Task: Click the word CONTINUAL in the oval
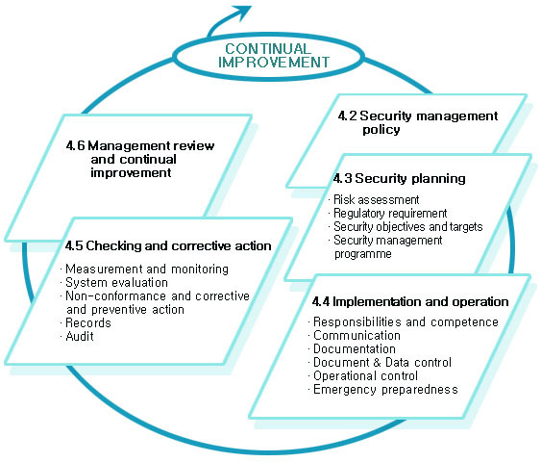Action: click(268, 49)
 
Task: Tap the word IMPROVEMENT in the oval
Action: click(274, 63)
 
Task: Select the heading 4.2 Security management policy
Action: click(418, 122)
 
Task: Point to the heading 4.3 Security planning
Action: click(399, 178)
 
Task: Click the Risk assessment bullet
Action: click(376, 200)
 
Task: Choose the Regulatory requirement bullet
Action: click(390, 214)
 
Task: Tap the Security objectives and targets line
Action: click(407, 227)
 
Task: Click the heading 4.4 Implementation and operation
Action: click(410, 301)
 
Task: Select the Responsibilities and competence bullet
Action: click(406, 322)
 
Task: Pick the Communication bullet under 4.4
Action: click(357, 336)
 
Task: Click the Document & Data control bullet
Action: click(382, 363)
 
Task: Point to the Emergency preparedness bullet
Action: click(385, 390)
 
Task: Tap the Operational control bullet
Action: click(365, 376)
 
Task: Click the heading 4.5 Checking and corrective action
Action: click(168, 245)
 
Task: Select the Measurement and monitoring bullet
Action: click(147, 269)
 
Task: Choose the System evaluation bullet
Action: click(116, 282)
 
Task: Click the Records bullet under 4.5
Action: click(88, 322)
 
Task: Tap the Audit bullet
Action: click(80, 336)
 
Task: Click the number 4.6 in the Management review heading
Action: click(75, 146)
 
